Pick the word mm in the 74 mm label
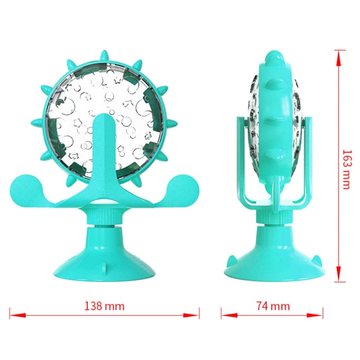tap(280, 307)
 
